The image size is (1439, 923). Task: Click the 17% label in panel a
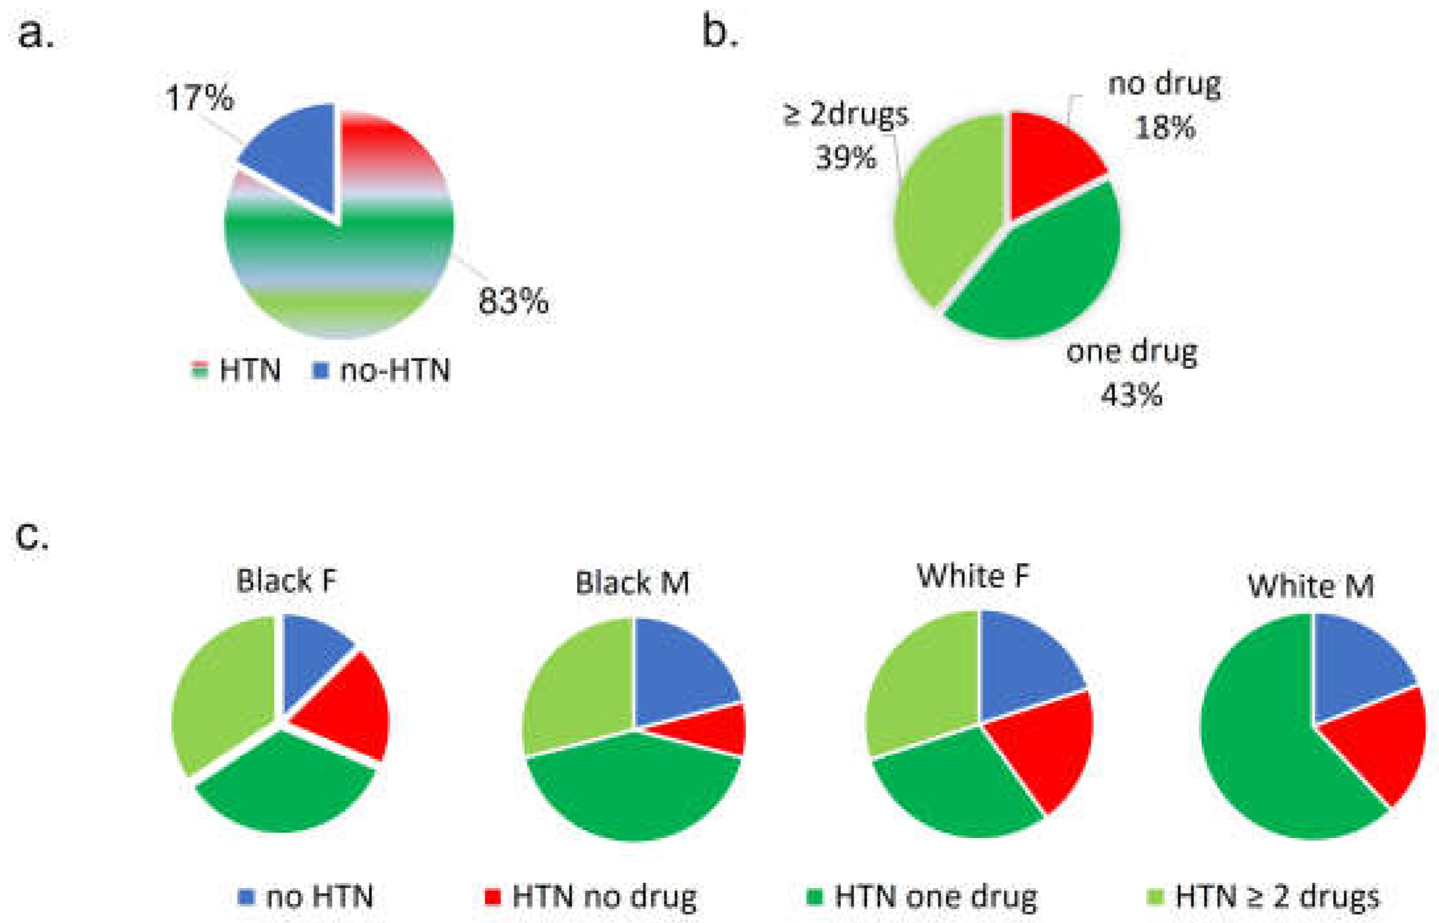[x=199, y=98]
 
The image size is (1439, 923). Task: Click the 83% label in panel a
[x=513, y=302]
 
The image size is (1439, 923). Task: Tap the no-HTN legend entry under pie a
[x=382, y=370]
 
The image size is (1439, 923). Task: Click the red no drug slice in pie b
[x=1047, y=158]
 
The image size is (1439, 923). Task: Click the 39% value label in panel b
[x=846, y=158]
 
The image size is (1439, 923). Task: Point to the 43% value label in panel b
[x=1131, y=395]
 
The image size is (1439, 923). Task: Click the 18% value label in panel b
[x=1164, y=127]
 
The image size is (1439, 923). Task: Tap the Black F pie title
[x=286, y=581]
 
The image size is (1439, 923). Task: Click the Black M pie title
[x=632, y=583]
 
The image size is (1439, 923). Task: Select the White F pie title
[x=973, y=576]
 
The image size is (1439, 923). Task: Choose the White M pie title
[x=1311, y=586]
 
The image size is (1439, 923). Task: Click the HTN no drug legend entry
[x=590, y=897]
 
